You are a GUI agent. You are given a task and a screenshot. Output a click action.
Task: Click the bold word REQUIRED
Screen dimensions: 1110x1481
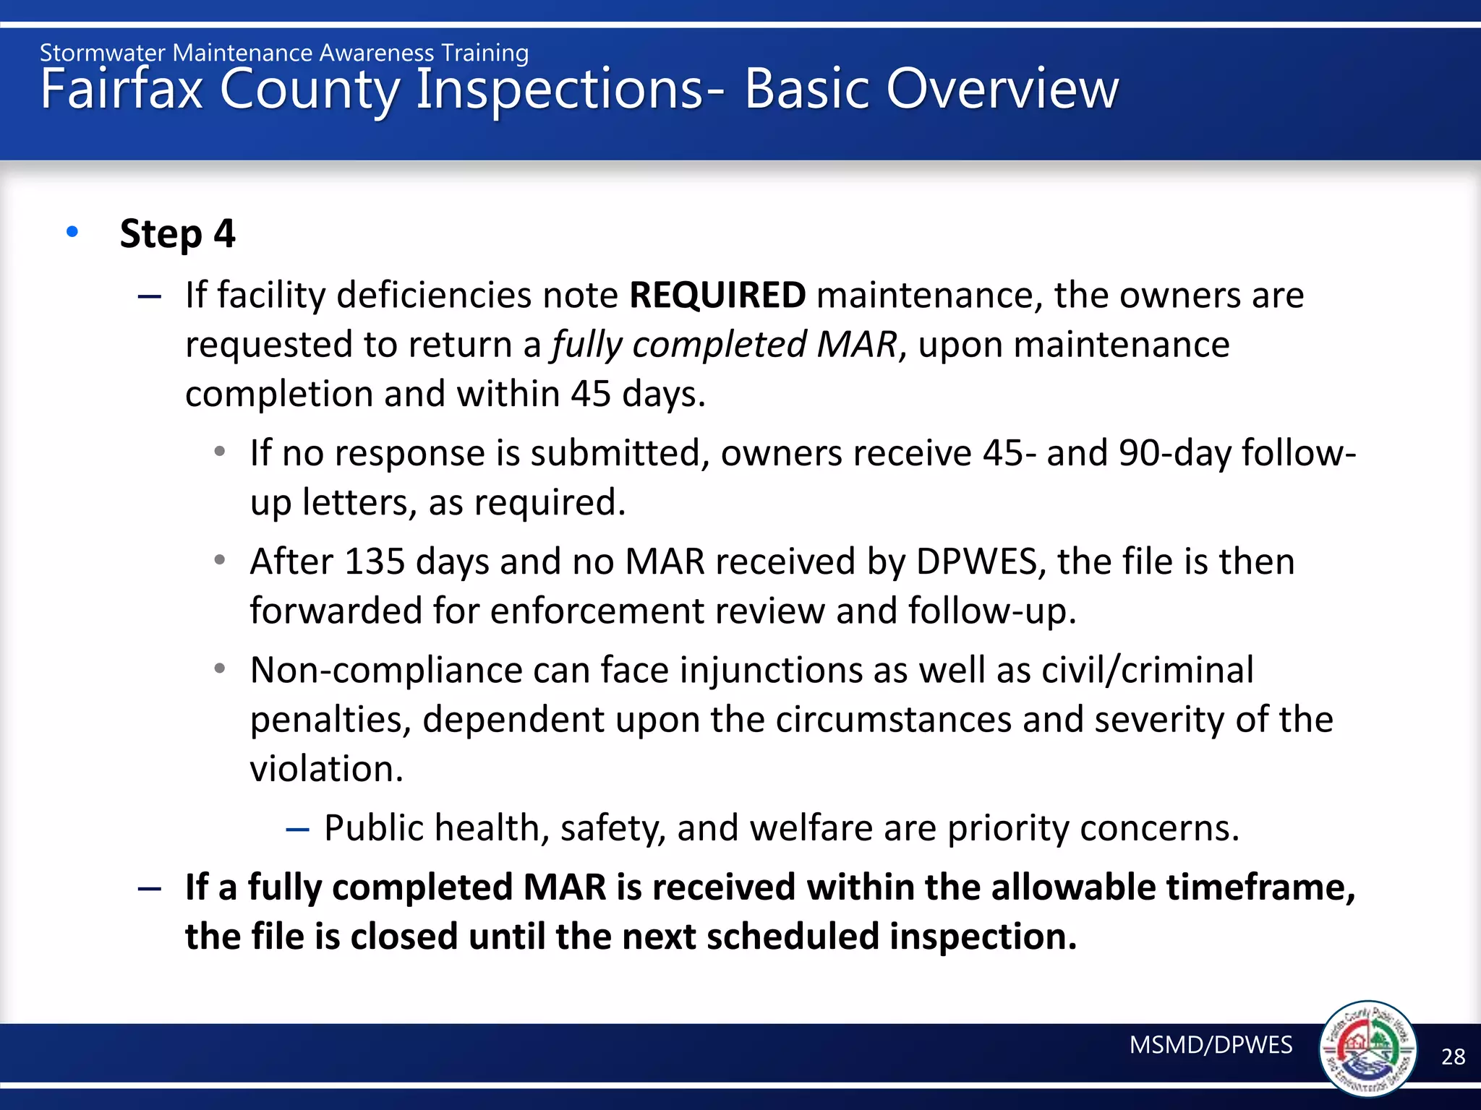[x=717, y=295]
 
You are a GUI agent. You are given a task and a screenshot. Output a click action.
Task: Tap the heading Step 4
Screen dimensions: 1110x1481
[x=177, y=234]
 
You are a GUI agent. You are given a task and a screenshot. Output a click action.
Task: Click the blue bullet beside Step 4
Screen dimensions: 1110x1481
[x=72, y=232]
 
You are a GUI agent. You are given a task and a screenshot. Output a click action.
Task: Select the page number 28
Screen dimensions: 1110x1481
[x=1453, y=1057]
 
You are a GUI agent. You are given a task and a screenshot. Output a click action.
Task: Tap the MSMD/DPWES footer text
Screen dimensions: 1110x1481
[x=1211, y=1045]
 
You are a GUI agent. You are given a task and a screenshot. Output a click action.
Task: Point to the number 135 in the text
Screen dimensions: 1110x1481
[x=375, y=562]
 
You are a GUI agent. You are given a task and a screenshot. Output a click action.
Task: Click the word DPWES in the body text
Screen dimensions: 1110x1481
[x=976, y=562]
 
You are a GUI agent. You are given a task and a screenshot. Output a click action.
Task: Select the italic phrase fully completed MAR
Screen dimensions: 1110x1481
[x=724, y=344]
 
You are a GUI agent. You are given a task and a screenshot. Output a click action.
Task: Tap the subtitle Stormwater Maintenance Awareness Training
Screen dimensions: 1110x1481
[x=284, y=53]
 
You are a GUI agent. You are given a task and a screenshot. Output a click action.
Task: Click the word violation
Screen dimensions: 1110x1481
[x=326, y=768]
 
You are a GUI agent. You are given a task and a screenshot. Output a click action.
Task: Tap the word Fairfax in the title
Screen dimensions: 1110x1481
[x=121, y=90]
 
